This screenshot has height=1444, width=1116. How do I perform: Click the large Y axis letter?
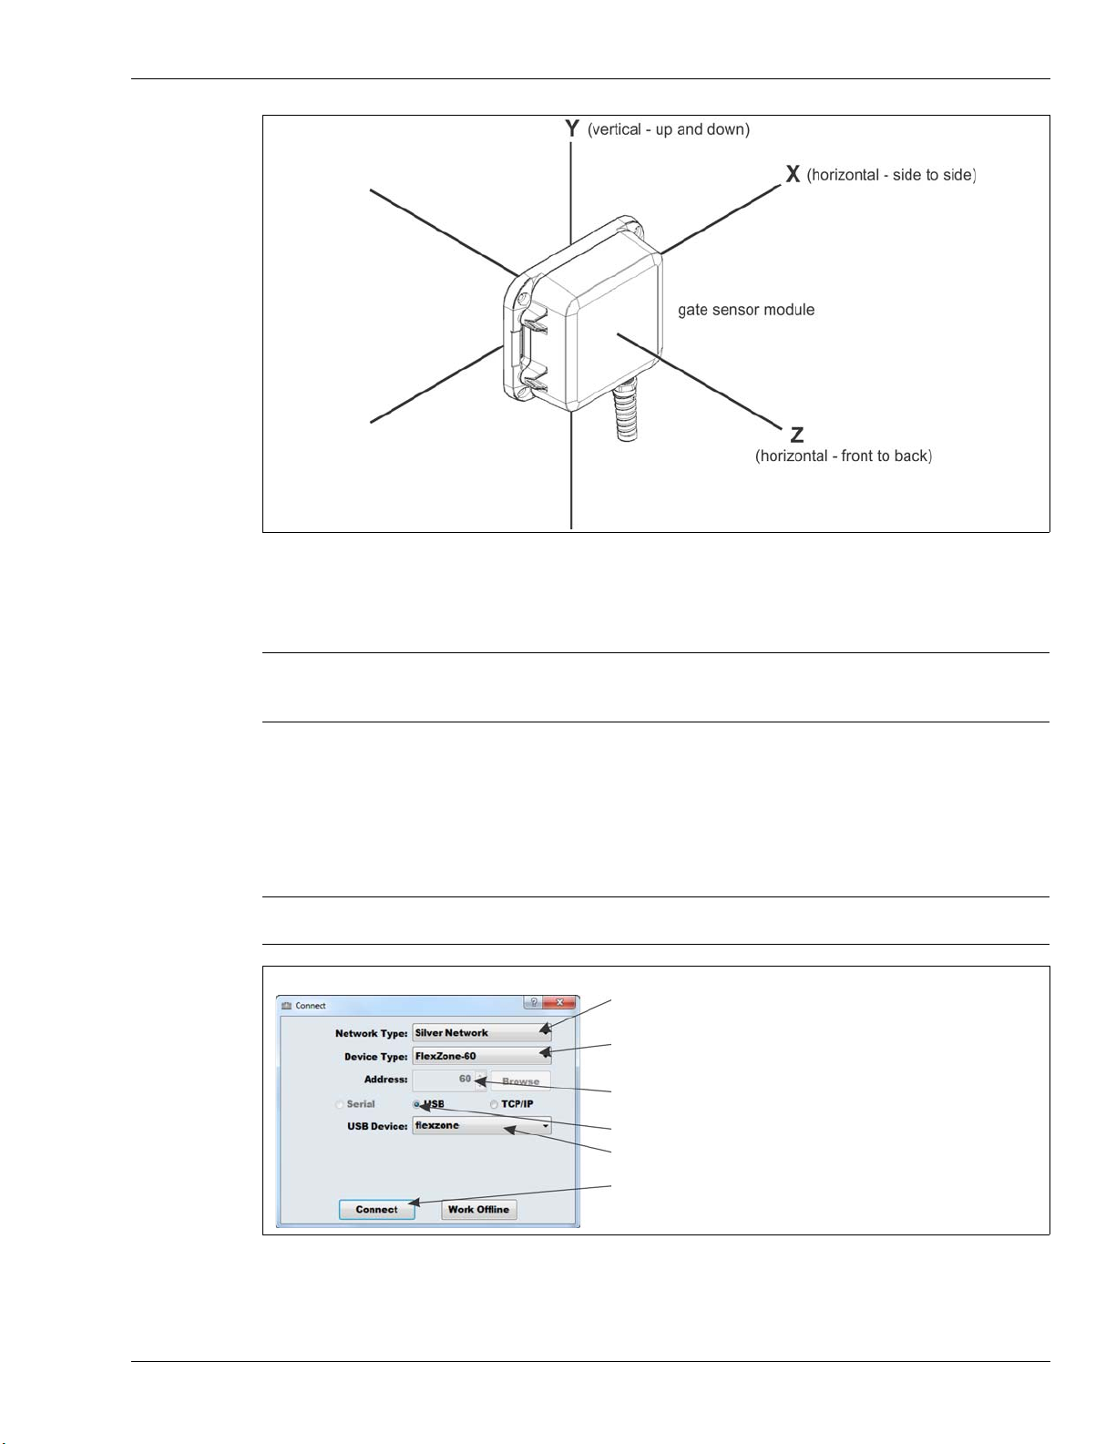click(x=572, y=128)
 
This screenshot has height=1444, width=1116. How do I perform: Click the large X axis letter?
click(x=793, y=174)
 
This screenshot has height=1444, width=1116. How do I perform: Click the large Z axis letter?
click(x=797, y=435)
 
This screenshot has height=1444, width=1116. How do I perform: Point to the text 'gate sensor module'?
click(x=746, y=310)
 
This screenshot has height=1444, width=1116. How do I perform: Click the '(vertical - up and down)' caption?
click(x=669, y=129)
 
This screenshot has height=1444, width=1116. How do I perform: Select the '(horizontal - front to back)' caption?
click(x=844, y=456)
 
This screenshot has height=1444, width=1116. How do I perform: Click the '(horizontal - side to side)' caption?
click(x=892, y=175)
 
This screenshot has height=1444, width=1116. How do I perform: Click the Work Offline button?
click(x=479, y=1210)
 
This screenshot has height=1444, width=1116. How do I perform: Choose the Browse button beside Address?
click(x=521, y=1081)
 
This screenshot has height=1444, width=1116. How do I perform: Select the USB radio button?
click(x=416, y=1104)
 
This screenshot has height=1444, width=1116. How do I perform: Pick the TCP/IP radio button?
click(x=494, y=1104)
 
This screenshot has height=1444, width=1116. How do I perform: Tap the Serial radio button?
click(x=340, y=1104)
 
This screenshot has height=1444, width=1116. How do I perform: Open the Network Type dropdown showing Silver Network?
click(x=482, y=1032)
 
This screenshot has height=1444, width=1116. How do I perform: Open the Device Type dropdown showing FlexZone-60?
click(x=482, y=1056)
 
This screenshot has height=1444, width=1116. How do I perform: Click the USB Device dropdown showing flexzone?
click(x=482, y=1126)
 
